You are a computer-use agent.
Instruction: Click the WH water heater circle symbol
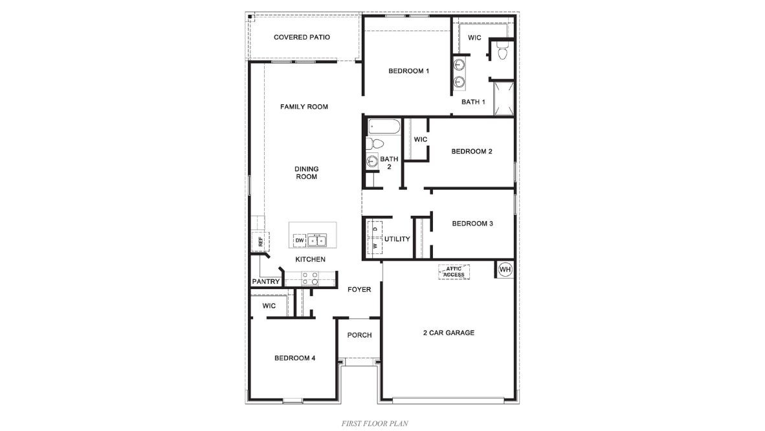click(x=505, y=270)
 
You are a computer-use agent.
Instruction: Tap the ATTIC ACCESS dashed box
click(x=454, y=272)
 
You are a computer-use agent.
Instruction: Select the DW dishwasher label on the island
click(x=299, y=240)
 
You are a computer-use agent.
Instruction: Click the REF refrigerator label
click(x=260, y=242)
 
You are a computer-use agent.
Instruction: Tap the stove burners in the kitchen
click(x=311, y=278)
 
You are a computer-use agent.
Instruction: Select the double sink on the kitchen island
click(x=317, y=240)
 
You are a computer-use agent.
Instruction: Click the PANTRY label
click(x=265, y=282)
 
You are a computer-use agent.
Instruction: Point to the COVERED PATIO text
click(x=302, y=37)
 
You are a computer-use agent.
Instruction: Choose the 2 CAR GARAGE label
click(x=449, y=333)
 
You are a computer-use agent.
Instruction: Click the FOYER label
click(x=359, y=289)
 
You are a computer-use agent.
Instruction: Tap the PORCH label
click(x=359, y=335)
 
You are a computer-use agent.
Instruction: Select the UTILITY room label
click(x=397, y=239)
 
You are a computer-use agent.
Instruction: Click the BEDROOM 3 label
click(x=472, y=224)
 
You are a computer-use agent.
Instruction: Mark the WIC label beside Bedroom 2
click(x=420, y=139)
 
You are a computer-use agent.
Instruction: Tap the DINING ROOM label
click(x=307, y=173)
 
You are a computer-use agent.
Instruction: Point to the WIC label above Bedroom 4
click(x=269, y=305)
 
